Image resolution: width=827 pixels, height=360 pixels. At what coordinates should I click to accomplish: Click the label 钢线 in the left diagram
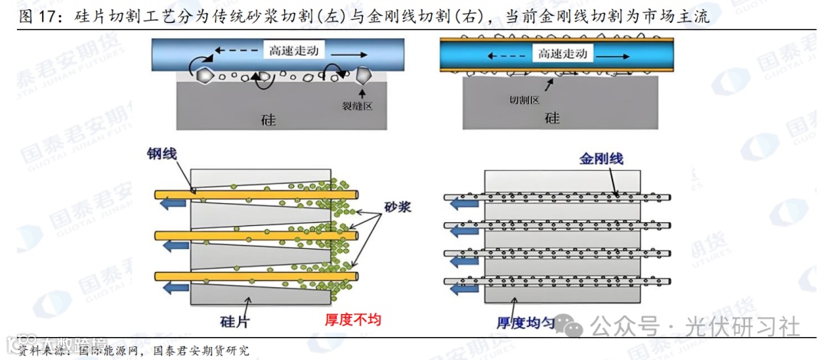(x=162, y=154)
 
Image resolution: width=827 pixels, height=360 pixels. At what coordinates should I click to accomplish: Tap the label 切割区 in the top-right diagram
(x=525, y=100)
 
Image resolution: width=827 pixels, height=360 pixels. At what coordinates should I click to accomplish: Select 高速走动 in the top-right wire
(x=562, y=54)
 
